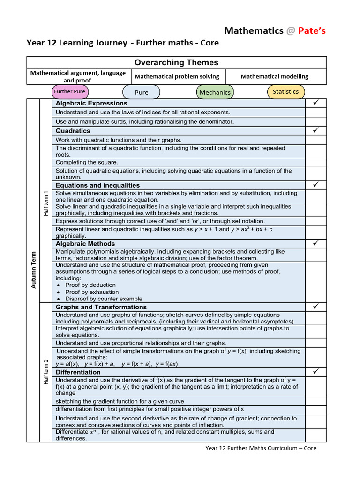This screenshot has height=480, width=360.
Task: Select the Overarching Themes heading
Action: click(176, 62)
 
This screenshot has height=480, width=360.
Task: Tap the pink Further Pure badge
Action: click(70, 91)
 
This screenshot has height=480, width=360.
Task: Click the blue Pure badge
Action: click(141, 92)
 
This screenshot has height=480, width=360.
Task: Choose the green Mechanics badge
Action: click(215, 92)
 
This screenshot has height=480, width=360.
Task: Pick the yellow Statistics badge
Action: click(285, 91)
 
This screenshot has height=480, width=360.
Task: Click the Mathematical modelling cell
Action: click(274, 76)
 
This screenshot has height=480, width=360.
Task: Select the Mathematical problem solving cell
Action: click(177, 76)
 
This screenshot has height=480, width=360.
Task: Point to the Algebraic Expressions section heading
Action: click(91, 103)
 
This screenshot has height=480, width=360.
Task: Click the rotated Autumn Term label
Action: click(33, 270)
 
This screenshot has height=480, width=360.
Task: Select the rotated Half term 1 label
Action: click(46, 203)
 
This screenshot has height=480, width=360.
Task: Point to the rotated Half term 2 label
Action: click(46, 371)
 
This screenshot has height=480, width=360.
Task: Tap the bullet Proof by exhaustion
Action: click(92, 292)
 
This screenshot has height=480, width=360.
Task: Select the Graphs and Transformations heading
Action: click(101, 307)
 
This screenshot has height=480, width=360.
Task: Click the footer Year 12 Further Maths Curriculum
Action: click(261, 448)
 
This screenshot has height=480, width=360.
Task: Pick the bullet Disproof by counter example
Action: click(104, 299)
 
